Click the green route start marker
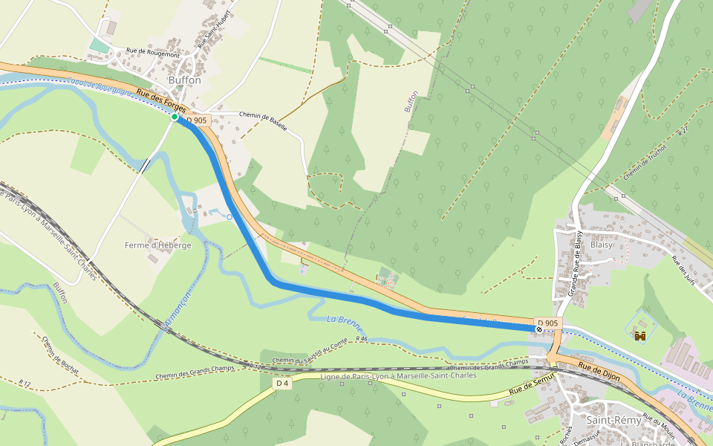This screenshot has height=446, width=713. point(175,117)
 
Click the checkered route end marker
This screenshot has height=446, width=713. point(539,329)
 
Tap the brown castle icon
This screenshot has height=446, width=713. point(640,336)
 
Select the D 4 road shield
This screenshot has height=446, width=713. point(281,384)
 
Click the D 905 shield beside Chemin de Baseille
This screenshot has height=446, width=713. point(197,120)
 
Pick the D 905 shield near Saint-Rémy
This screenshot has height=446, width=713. point(547,323)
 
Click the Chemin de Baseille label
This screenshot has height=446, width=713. point(263,121)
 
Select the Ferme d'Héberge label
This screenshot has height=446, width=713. point(157,245)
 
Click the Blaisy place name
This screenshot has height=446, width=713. point(602,245)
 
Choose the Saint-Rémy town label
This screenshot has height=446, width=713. point(613,420)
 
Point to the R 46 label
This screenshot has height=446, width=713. point(361,339)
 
